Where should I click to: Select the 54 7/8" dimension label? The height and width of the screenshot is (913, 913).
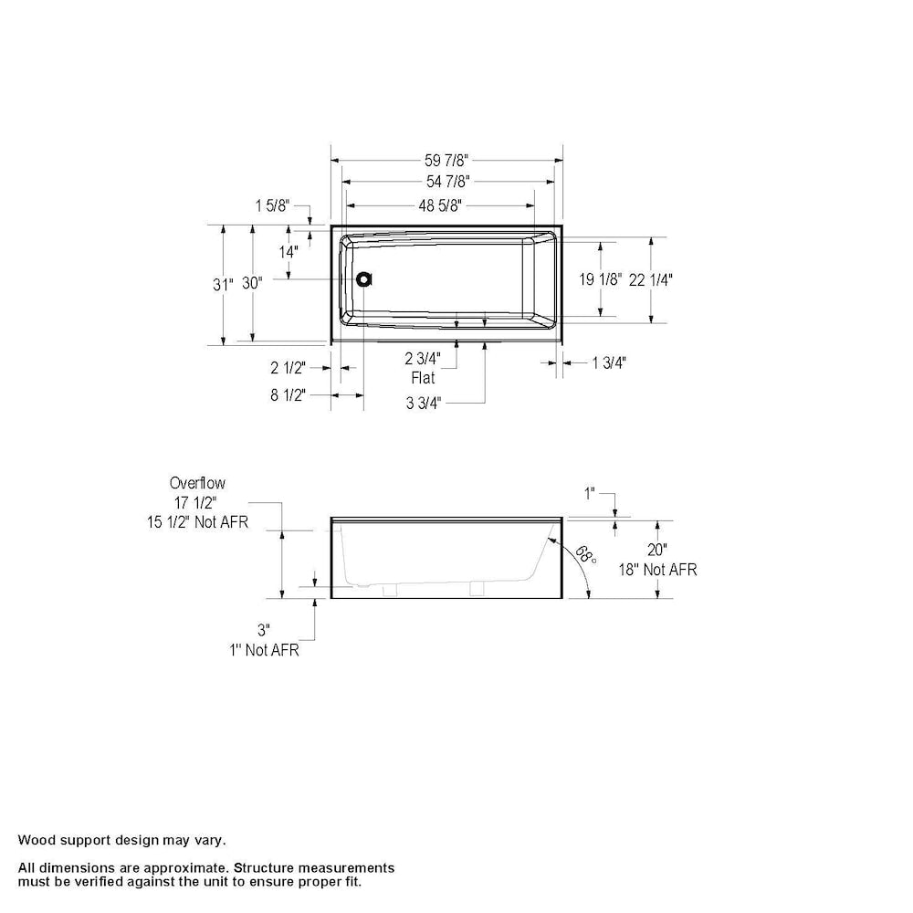(447, 182)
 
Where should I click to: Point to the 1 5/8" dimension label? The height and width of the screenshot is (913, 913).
(271, 206)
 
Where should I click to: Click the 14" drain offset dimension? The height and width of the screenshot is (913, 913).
(289, 251)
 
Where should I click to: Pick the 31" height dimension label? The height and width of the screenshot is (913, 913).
(223, 284)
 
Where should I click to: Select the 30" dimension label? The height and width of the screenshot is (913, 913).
(252, 284)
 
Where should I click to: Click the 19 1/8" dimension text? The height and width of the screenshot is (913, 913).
(601, 279)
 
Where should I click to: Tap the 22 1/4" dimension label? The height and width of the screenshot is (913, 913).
(651, 279)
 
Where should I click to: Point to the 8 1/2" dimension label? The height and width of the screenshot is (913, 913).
(288, 394)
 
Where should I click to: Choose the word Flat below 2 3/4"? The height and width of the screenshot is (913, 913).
(423, 377)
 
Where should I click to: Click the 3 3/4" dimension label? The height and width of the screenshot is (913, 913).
(424, 403)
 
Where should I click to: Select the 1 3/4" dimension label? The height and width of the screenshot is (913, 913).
(609, 362)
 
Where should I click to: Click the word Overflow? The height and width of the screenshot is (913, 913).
(197, 483)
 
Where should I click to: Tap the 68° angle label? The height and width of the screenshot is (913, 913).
(586, 556)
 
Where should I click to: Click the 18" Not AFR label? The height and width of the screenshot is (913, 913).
(657, 570)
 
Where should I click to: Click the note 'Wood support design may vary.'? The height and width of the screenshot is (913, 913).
(122, 839)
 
